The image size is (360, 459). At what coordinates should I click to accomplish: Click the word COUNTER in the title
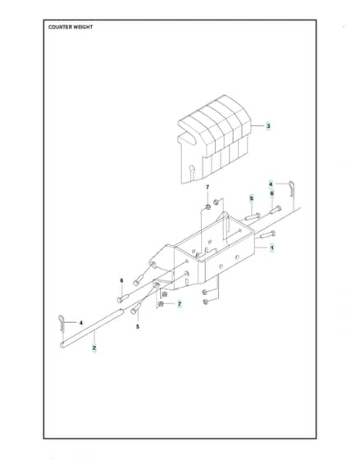[60, 27]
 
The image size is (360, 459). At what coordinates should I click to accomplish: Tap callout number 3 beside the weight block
[268, 126]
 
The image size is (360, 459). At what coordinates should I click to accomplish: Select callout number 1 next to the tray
[272, 248]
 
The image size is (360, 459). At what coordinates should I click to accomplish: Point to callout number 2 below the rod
[94, 348]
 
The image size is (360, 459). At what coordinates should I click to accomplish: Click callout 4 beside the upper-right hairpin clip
[271, 184]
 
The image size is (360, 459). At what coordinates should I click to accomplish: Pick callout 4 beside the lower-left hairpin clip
[81, 323]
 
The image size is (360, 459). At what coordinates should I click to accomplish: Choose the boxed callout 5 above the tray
[251, 198]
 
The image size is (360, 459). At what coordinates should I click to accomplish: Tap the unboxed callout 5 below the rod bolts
[138, 327]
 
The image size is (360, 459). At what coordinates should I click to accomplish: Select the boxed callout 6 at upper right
[271, 193]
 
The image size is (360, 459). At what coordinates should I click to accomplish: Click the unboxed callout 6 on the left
[121, 280]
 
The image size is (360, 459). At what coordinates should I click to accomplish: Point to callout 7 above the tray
[207, 187]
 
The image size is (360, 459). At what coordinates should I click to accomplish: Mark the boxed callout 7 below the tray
[180, 304]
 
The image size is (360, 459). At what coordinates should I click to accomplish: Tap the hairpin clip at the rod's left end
[62, 323]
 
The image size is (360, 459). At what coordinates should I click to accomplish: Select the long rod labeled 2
[92, 329]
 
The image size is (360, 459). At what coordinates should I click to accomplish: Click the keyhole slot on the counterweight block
[192, 172]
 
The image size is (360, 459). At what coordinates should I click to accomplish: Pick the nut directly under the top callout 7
[207, 207]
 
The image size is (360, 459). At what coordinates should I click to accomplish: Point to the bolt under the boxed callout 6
[276, 209]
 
